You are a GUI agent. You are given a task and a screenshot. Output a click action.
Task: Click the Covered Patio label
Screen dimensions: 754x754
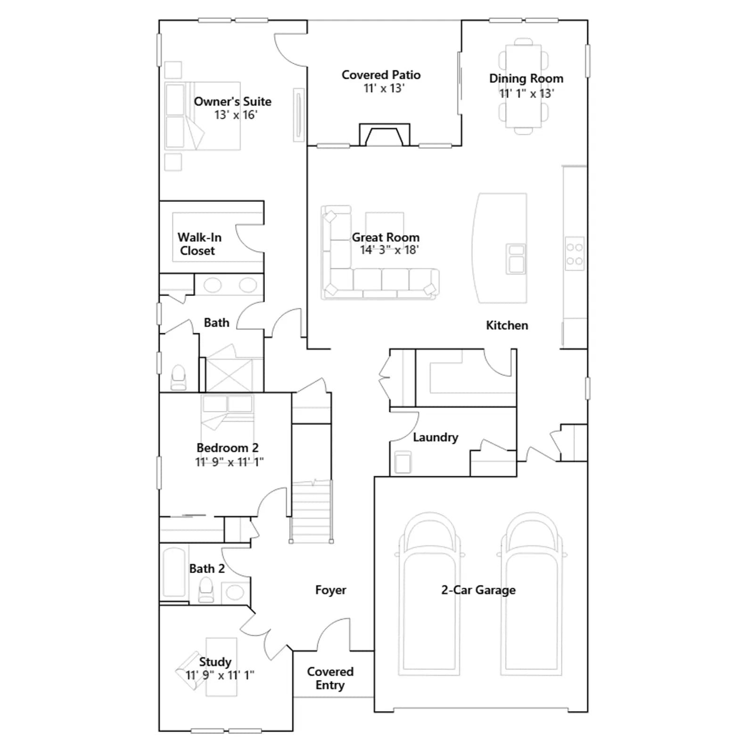point(381,75)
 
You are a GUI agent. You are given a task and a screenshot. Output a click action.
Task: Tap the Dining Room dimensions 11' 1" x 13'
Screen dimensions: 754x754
point(526,93)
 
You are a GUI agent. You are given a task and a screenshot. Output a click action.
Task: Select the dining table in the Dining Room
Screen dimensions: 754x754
point(524,86)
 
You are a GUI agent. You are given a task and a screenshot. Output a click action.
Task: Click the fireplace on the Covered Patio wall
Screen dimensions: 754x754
point(385,135)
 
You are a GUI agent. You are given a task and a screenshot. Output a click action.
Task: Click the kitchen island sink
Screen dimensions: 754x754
point(516,259)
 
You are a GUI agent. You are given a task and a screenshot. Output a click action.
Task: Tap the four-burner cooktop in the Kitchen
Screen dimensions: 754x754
point(574,254)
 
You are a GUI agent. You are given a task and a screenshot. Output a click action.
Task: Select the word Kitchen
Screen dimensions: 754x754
point(507,325)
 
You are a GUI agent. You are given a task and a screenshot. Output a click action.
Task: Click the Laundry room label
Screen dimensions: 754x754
point(435,437)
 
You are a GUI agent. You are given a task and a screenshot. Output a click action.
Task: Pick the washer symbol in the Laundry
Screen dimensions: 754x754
point(403,462)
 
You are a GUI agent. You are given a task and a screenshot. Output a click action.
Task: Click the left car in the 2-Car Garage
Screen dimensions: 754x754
point(429,594)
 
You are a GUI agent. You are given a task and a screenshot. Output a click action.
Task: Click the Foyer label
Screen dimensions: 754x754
point(330,590)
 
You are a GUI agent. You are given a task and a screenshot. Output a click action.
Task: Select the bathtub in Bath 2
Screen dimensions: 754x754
point(174,572)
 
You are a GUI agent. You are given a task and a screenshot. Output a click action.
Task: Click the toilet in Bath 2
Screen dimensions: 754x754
point(206,590)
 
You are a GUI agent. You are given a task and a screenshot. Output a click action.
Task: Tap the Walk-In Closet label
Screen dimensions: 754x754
point(199,244)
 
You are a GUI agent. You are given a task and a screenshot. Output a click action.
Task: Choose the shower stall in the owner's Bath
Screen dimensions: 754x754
point(229,375)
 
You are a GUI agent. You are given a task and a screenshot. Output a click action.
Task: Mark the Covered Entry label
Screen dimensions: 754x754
point(330,678)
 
